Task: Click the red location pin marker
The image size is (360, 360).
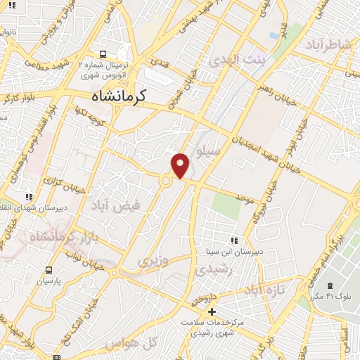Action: coord(181,165)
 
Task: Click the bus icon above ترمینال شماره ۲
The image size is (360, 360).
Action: coord(103,54)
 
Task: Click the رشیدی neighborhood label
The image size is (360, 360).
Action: coord(211,269)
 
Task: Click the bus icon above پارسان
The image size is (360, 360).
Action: coord(49,270)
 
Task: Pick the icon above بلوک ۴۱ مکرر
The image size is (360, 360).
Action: coord(330,285)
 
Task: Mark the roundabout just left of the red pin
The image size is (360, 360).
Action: coord(166,181)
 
